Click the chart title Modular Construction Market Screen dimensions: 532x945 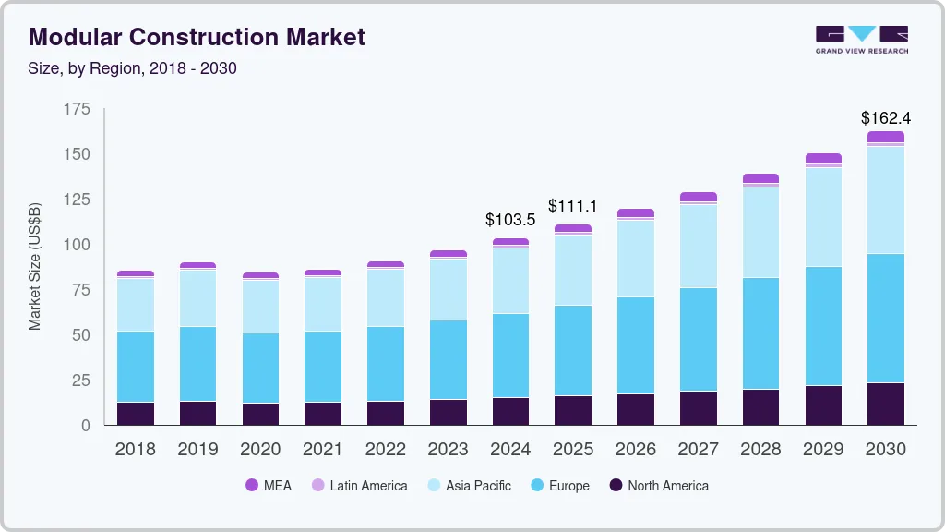coord(197,37)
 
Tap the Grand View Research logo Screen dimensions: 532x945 coord(861,40)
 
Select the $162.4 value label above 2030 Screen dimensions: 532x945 coord(885,118)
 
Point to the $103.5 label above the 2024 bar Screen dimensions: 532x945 coord(510,220)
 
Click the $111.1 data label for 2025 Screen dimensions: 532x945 coord(573,205)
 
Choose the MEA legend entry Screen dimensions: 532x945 coord(269,485)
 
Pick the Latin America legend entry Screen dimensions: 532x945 coord(359,485)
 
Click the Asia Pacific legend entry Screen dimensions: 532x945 coord(469,485)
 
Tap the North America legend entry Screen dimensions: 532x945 coord(658,485)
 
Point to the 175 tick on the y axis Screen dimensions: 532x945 coord(78,109)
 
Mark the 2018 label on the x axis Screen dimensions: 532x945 coord(135,450)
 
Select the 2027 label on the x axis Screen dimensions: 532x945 coord(698,450)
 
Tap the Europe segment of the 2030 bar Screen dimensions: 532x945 coord(886,318)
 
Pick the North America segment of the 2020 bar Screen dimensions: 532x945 coord(260,414)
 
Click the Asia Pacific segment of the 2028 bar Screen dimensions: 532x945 coord(760,232)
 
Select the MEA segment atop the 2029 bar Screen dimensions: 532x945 coord(823,159)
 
